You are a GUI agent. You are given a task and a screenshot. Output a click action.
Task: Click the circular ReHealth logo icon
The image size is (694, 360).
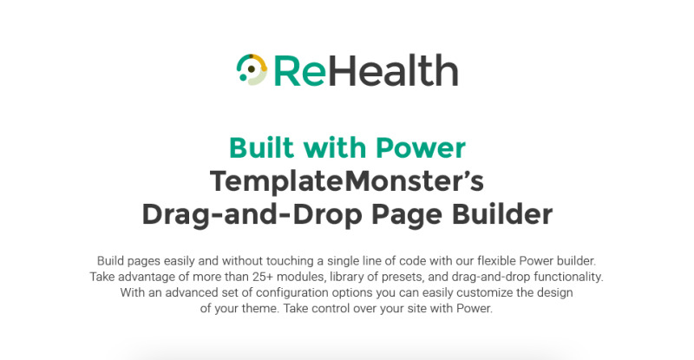252,69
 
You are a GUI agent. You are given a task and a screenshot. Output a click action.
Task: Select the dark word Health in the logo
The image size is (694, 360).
393,70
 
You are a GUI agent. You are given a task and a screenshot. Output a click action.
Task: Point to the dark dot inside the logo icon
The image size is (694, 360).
252,69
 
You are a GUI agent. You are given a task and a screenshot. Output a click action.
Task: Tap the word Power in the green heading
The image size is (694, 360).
421,147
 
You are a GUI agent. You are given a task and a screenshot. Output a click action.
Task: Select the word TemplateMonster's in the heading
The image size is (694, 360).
347,181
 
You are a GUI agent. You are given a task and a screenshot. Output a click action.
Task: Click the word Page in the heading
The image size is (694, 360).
407,215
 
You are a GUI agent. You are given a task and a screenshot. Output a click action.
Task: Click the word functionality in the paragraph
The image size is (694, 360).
569,277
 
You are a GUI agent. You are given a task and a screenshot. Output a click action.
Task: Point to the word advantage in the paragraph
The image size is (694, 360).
147,278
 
